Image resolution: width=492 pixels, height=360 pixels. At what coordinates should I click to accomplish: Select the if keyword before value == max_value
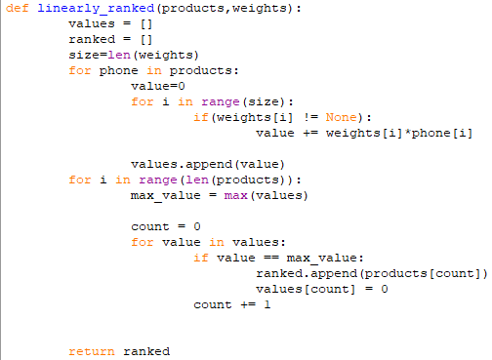click(201, 258)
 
